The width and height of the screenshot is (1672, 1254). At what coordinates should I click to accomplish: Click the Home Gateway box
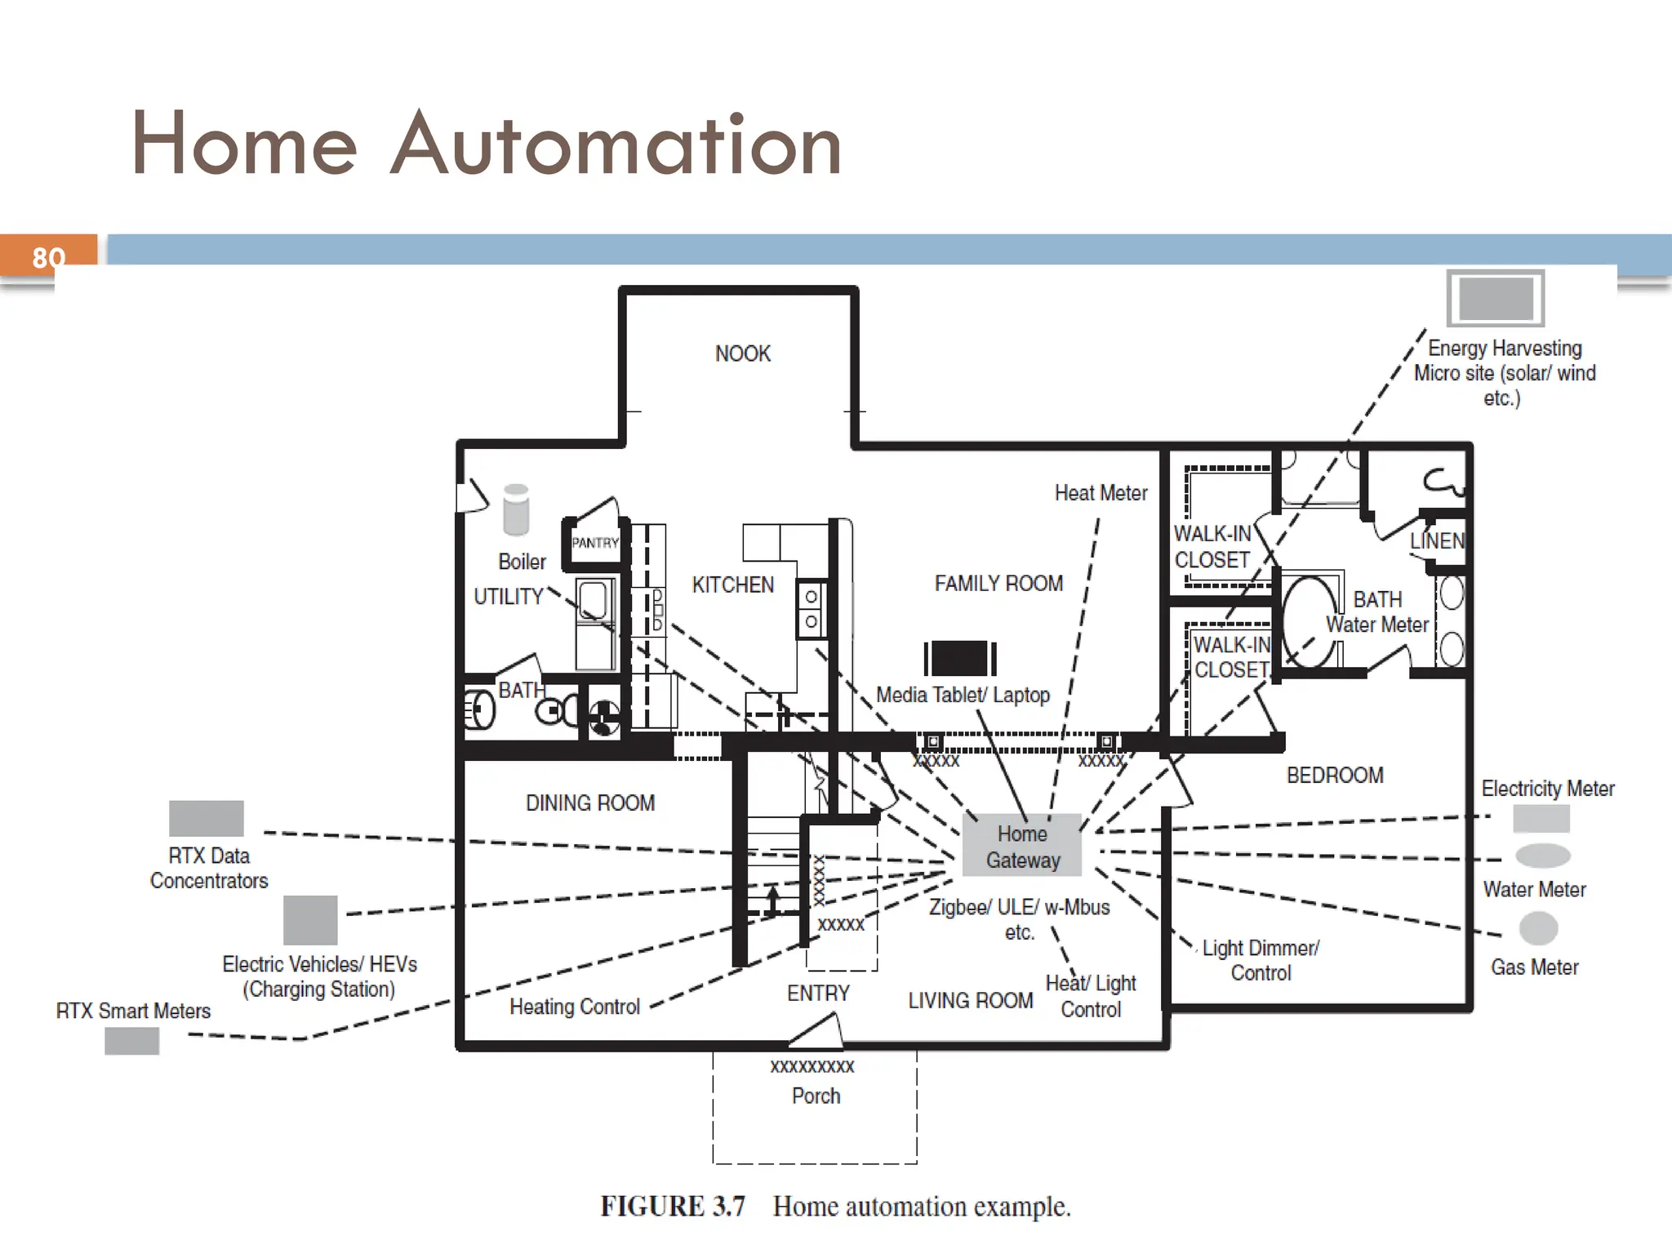(x=1022, y=846)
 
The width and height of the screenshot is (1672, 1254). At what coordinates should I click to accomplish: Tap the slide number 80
(x=48, y=258)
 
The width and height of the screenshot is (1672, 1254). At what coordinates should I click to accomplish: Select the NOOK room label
(x=742, y=354)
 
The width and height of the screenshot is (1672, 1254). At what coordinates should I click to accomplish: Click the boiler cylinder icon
(x=516, y=509)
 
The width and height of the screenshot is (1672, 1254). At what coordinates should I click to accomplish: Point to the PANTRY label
(x=595, y=543)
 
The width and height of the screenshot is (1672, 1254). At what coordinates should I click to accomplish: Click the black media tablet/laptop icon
(x=960, y=658)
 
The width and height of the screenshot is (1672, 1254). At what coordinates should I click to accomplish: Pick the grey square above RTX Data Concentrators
(x=206, y=818)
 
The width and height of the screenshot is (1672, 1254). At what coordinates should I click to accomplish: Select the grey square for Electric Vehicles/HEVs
(x=310, y=920)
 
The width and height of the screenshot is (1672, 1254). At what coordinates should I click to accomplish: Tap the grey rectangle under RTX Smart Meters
(x=131, y=1041)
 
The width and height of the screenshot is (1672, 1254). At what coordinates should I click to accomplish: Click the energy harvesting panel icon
(x=1496, y=298)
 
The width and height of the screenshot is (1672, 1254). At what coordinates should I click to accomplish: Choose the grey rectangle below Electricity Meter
(x=1541, y=818)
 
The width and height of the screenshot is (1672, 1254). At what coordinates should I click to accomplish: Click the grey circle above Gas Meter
(x=1538, y=928)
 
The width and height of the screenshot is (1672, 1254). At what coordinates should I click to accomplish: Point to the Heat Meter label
(x=1101, y=493)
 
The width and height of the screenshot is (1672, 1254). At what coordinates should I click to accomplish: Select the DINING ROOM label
(x=589, y=803)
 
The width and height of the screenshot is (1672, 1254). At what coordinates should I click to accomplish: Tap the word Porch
(x=816, y=1096)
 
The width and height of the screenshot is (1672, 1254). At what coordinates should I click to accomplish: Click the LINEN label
(x=1437, y=540)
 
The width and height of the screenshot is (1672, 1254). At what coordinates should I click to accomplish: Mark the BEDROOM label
(x=1335, y=775)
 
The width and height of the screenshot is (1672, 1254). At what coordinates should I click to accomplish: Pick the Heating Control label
(x=574, y=1007)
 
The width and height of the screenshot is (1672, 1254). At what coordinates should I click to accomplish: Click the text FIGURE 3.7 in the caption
(x=673, y=1207)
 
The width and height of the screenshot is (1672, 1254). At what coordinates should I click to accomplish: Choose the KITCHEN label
(x=732, y=585)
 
